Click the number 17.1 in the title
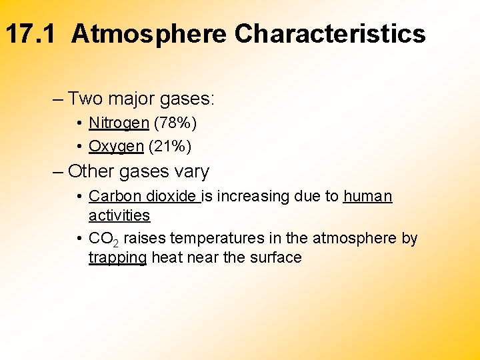(33, 33)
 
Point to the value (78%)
(172, 123)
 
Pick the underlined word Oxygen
(116, 146)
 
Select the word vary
(192, 171)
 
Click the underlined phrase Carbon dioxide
(143, 196)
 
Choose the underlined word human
(368, 196)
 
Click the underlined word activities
(119, 215)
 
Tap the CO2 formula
(103, 239)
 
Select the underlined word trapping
(117, 258)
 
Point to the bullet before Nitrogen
(79, 123)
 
